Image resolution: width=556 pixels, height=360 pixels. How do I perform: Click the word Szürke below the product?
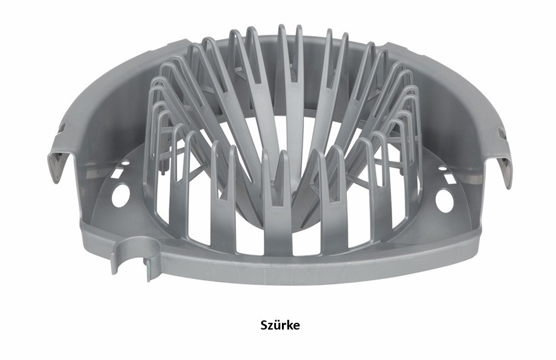280,325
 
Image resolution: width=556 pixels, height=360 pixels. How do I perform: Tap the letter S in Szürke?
264,326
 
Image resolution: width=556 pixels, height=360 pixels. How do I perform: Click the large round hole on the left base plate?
118,196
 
